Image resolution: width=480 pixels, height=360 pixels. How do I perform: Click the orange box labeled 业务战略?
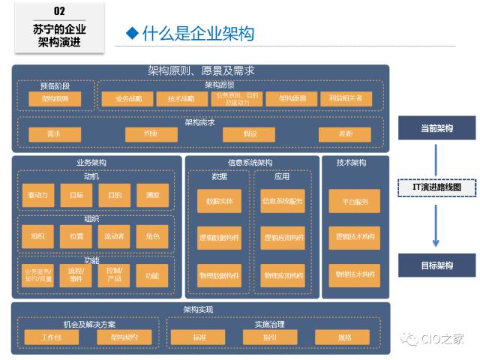click(128, 99)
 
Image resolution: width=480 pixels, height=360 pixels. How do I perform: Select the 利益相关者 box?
click(345, 99)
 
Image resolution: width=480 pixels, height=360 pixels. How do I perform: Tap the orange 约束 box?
click(151, 134)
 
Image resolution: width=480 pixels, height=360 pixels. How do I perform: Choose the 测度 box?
click(152, 196)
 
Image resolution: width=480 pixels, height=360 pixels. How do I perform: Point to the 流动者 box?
click(115, 236)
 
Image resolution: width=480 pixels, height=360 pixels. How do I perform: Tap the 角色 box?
click(152, 236)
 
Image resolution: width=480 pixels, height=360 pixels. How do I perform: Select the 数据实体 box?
click(219, 201)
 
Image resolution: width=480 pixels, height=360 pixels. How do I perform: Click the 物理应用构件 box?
click(283, 275)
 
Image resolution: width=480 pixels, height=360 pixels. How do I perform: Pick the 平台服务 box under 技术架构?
click(355, 201)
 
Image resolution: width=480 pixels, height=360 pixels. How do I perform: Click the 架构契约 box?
click(124, 337)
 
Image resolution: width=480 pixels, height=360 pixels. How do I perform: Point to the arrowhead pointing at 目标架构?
click(436, 242)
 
